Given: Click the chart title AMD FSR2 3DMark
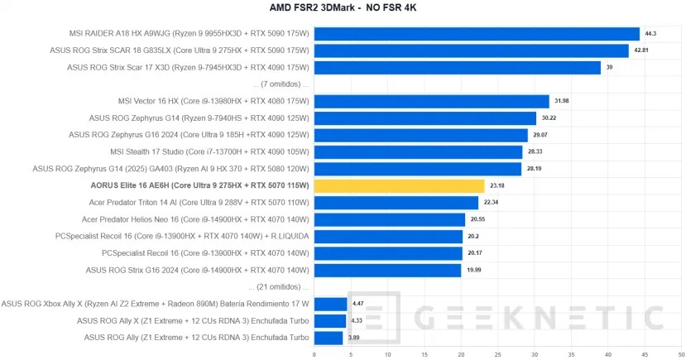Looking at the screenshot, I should [343, 9].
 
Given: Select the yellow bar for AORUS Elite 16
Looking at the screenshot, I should [399, 186].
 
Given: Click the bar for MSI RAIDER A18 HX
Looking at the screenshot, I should [477, 34].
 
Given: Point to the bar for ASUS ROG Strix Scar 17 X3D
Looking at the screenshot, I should [457, 68].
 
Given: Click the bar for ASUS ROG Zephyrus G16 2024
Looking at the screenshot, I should [420, 136].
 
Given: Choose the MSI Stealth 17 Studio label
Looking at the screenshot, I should [209, 152].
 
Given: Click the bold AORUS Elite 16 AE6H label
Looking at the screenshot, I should [199, 186].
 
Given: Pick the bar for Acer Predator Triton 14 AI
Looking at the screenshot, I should [396, 203].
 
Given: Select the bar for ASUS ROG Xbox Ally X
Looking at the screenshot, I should [330, 304].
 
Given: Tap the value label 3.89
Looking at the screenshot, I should [354, 338].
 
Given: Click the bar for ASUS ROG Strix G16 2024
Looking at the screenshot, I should [387, 271].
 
